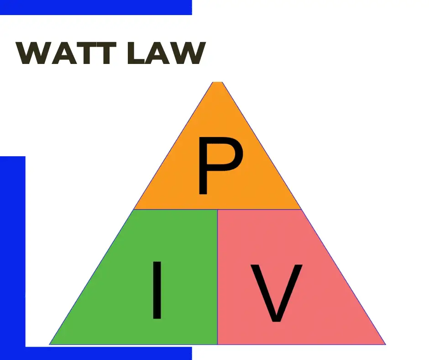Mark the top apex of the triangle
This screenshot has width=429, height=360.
[x=218, y=82]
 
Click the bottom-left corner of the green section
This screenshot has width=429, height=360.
[x=50, y=344]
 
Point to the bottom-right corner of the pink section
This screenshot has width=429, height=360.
[x=385, y=344]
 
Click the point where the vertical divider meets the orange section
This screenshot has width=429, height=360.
[x=218, y=210]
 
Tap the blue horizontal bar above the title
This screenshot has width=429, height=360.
[x=96, y=7]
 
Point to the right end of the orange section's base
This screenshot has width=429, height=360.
[x=302, y=209]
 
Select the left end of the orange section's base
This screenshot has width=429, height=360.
[x=134, y=209]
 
